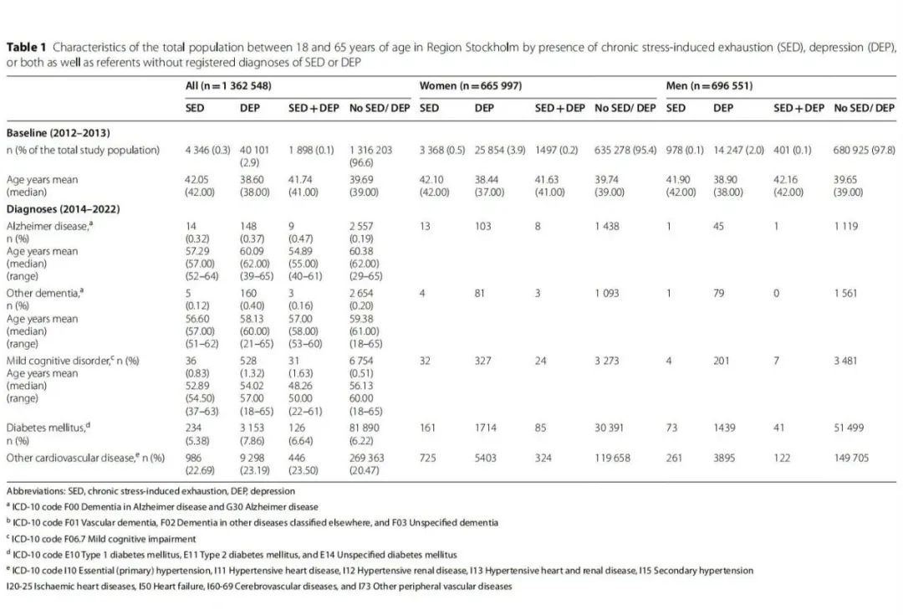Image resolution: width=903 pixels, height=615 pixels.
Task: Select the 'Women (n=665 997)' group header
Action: tap(470, 86)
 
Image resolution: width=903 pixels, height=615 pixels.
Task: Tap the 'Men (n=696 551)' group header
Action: tap(709, 86)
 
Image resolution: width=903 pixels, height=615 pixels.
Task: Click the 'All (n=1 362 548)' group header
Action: tap(228, 86)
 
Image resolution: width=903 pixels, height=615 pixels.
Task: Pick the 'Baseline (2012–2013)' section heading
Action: tap(58, 132)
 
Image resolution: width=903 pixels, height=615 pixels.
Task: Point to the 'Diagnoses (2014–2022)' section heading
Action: tap(63, 208)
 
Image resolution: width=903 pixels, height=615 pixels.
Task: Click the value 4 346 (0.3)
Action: tap(207, 151)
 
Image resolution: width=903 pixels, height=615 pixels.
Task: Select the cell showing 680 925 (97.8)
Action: tap(864, 151)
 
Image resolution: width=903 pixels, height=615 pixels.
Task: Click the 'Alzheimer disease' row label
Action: tap(49, 226)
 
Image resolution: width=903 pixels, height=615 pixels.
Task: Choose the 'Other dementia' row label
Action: tap(44, 293)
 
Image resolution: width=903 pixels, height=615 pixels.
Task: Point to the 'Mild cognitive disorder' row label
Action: tap(59, 361)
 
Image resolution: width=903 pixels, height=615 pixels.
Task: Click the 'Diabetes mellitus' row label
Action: tap(48, 428)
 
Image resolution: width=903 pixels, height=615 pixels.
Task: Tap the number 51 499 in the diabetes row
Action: tap(849, 428)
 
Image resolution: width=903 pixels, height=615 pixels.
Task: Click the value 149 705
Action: tap(851, 458)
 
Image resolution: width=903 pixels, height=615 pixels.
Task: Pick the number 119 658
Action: tap(612, 458)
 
